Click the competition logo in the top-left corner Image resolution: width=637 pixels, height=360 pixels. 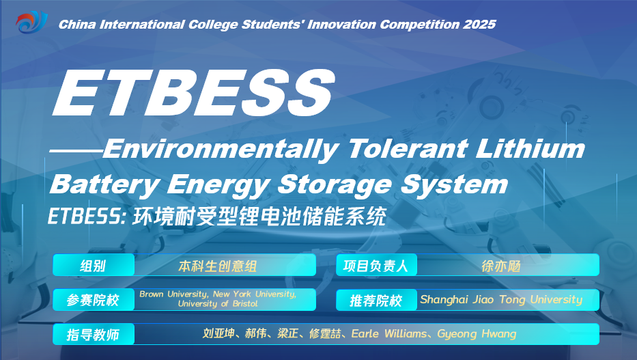click(x=31, y=23)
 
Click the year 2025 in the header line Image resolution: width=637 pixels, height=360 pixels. click(x=479, y=25)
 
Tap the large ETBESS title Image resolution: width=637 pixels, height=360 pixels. click(x=193, y=93)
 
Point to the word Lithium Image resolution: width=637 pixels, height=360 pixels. click(x=530, y=148)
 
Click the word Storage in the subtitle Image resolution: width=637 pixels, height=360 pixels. click(x=335, y=185)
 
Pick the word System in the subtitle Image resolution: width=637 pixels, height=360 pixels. click(x=454, y=185)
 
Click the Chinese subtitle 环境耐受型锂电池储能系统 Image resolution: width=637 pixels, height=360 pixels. click(x=259, y=216)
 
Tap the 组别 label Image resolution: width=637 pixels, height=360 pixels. click(x=93, y=266)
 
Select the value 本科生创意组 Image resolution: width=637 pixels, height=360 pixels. click(x=217, y=266)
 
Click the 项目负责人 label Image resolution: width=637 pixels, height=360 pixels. click(x=376, y=266)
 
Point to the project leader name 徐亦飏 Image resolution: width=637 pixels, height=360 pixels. click(x=501, y=266)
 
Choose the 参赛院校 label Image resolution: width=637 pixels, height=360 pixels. click(x=93, y=301)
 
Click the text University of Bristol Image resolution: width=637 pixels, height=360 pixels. click(x=218, y=304)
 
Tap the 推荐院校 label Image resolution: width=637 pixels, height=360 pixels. click(x=376, y=301)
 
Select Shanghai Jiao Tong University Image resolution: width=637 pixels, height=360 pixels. click(x=501, y=300)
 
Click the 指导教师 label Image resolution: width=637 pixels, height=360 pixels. click(x=93, y=335)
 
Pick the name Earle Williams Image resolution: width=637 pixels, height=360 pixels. click(x=388, y=334)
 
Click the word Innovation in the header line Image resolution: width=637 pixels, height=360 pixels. click(x=341, y=25)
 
